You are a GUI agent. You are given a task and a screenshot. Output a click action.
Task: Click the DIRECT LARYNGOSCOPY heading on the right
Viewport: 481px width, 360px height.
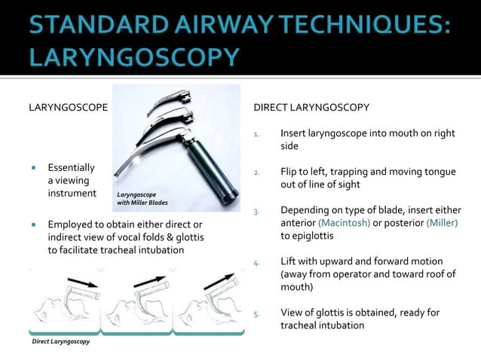point(311,107)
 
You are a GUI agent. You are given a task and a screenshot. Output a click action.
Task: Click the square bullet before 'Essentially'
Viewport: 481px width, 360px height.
point(35,167)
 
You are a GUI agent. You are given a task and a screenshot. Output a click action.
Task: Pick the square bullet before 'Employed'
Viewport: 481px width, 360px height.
point(35,224)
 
